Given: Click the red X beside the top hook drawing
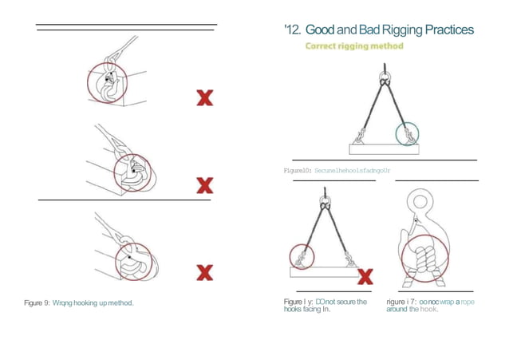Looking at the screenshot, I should (205, 98).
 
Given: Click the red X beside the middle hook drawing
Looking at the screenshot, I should (205, 185).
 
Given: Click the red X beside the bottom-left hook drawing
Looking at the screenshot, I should (205, 272).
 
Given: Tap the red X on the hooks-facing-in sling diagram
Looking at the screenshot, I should (366, 277).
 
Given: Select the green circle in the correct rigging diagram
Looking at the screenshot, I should (407, 133).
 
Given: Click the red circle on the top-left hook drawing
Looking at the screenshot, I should (105, 81).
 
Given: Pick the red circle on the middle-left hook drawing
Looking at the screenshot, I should (132, 172).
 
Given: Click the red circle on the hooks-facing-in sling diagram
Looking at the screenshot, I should (302, 256).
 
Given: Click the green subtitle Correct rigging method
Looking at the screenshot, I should (354, 46).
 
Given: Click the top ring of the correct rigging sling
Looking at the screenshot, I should (385, 78).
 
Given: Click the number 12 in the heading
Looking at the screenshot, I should (290, 30).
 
